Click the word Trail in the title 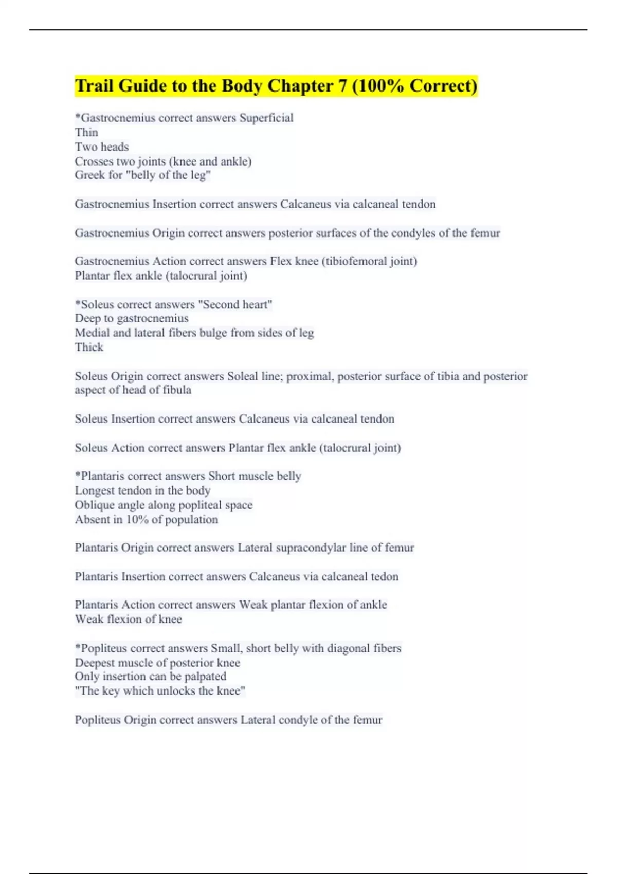click(x=94, y=86)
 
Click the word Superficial click(x=266, y=118)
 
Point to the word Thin click(x=86, y=132)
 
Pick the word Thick click(x=89, y=347)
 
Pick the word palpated click(x=205, y=677)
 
